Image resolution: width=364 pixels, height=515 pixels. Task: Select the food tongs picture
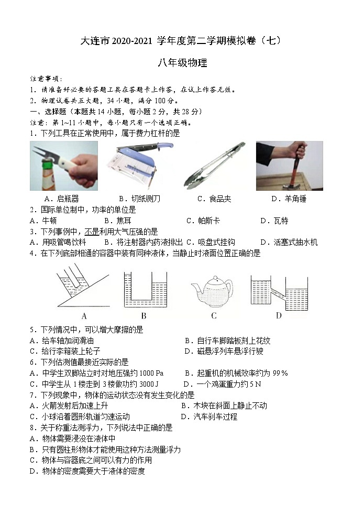click(214, 165)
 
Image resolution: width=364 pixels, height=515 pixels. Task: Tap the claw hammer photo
click(289, 165)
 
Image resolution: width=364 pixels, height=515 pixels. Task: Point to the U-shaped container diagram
click(143, 289)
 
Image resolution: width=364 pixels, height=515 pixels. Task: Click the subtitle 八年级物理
click(182, 63)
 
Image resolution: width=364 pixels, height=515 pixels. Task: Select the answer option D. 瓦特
click(274, 221)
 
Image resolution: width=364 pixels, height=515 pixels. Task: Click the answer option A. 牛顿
click(43, 221)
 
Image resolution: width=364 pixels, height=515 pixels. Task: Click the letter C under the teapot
click(214, 315)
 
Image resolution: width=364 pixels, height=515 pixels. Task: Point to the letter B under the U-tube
click(144, 315)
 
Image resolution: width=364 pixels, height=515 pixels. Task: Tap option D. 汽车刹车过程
click(209, 417)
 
